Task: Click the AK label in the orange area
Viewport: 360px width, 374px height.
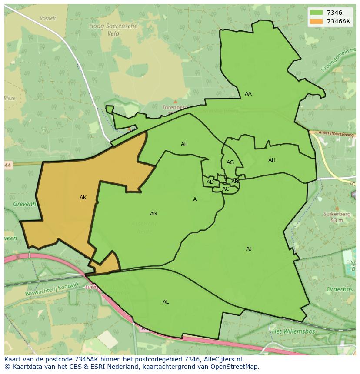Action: pyautogui.click(x=83, y=198)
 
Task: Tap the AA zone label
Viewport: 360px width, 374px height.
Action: pyautogui.click(x=248, y=94)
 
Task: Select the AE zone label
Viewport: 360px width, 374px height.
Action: pyautogui.click(x=184, y=144)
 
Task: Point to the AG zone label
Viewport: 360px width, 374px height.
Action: pyautogui.click(x=230, y=162)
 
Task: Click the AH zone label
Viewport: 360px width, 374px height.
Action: pyautogui.click(x=272, y=160)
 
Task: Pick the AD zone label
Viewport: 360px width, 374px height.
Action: pyautogui.click(x=210, y=182)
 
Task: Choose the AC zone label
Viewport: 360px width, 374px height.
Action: pyautogui.click(x=226, y=189)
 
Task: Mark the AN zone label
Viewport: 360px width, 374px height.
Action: pyautogui.click(x=153, y=214)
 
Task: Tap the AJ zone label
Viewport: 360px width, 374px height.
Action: pyautogui.click(x=249, y=249)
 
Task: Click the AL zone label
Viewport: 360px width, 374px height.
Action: pyautogui.click(x=166, y=302)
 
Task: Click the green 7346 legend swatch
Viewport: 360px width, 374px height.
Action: pyautogui.click(x=316, y=13)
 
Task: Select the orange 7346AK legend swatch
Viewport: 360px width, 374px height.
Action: pyautogui.click(x=316, y=21)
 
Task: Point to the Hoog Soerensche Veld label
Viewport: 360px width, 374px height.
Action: pyautogui.click(x=113, y=30)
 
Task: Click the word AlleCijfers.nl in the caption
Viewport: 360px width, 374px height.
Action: pyautogui.click(x=223, y=359)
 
